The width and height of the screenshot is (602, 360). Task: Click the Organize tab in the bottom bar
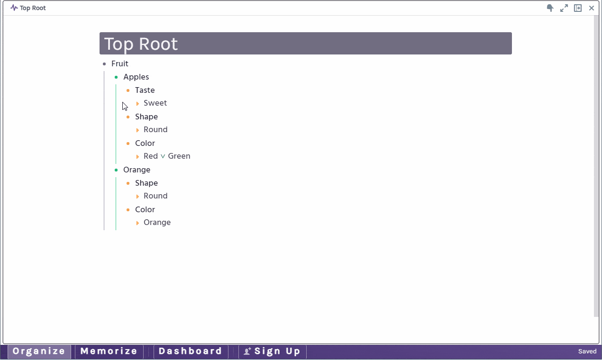[x=39, y=351]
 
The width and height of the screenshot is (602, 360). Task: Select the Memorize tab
[x=109, y=351]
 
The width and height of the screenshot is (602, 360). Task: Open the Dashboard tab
[x=190, y=351]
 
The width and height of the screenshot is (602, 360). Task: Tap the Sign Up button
[x=272, y=351]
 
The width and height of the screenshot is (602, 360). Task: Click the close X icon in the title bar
[x=592, y=8]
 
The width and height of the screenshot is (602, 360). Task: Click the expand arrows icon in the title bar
[x=564, y=8]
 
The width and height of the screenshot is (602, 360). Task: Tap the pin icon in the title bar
[x=550, y=8]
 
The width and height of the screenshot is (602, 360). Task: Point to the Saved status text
[x=587, y=351]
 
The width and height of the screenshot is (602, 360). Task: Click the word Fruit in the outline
[x=119, y=63]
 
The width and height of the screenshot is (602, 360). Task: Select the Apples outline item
[x=136, y=77]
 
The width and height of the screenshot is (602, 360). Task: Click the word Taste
[x=145, y=90]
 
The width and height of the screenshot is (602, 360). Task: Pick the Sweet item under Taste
[x=155, y=103]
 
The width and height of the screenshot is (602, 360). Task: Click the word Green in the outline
[x=179, y=156]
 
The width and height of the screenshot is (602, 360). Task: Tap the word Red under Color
[x=151, y=156]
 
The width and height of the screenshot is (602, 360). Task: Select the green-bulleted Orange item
[x=137, y=170]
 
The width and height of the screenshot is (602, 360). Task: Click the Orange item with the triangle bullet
[x=157, y=223]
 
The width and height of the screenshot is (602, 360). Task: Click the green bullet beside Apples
[x=116, y=77]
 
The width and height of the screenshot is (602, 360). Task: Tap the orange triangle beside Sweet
[x=137, y=103]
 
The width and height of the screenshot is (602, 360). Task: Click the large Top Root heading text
[x=141, y=44]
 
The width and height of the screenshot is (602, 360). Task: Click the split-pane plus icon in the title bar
[x=578, y=8]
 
